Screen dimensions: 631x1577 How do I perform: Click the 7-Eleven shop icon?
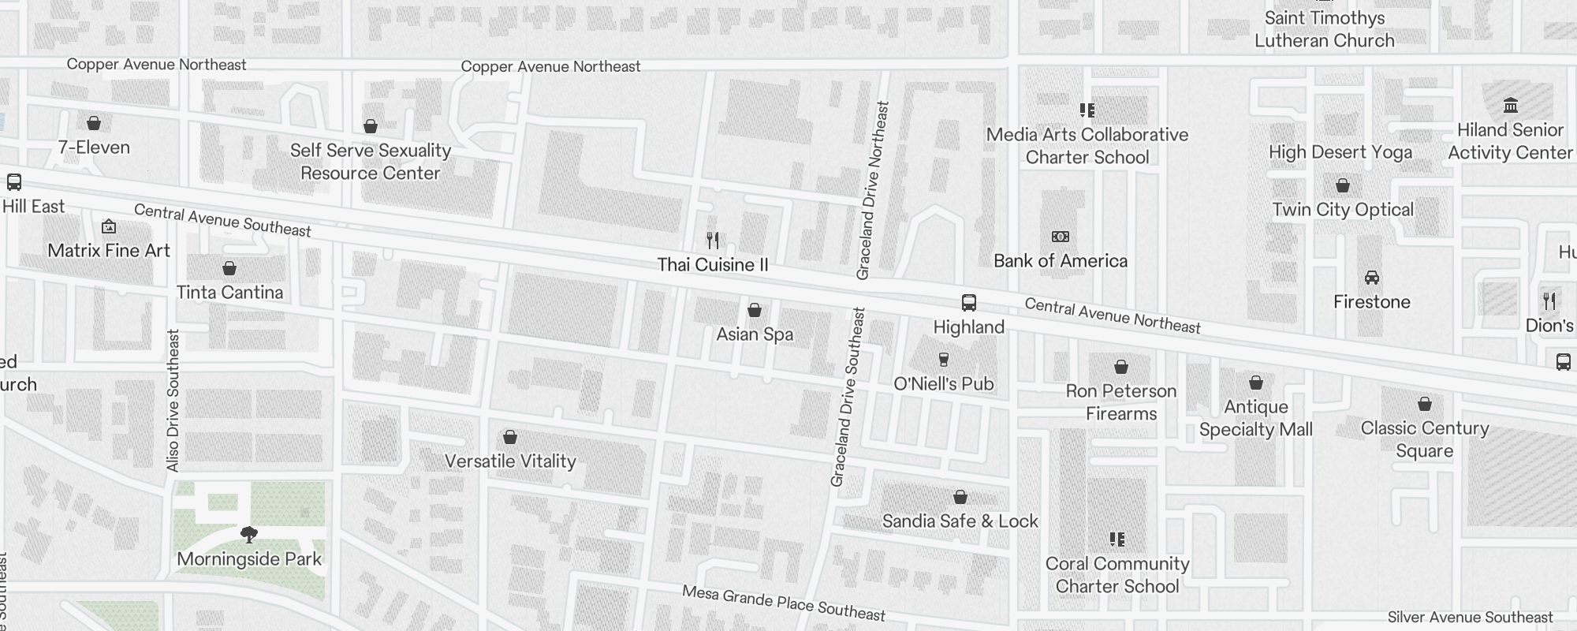coord(94,123)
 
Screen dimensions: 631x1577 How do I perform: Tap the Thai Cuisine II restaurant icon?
coord(713,240)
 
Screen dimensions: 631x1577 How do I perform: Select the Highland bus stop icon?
coord(969,303)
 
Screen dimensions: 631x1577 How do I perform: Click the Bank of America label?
coord(1061,261)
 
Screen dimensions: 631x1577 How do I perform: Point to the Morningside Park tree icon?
coord(249,535)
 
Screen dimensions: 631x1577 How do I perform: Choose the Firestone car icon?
coord(1372,278)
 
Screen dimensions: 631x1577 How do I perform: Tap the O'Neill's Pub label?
coord(944,384)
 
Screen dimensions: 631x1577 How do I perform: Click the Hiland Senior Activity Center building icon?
coord(1511,106)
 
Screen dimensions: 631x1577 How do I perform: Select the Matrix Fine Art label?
coord(109,251)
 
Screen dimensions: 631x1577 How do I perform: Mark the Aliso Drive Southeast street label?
coord(173,401)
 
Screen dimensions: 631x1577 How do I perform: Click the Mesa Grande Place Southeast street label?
coord(784,603)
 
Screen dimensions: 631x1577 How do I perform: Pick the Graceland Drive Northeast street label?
coord(873,190)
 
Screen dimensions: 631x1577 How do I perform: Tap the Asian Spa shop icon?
coord(755,310)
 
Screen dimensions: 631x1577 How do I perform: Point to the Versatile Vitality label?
coord(510,461)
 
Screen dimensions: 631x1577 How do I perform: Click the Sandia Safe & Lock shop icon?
coord(960,497)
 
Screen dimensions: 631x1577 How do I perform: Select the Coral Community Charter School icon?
coord(1117,540)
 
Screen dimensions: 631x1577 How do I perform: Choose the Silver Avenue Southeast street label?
coord(1470,618)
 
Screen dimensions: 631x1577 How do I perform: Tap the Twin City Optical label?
coord(1343,210)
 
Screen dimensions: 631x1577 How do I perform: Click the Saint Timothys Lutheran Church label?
coord(1325,29)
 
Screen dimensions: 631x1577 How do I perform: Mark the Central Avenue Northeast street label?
coord(1113,315)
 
